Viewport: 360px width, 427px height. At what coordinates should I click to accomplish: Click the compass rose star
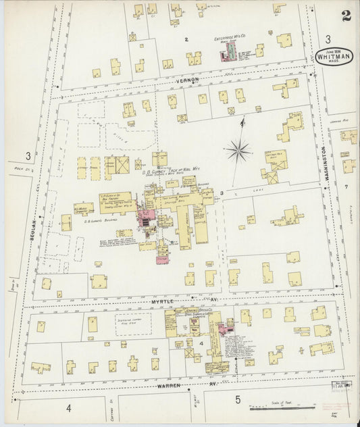point(238,150)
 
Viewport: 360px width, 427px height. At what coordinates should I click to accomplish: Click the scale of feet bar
point(277,408)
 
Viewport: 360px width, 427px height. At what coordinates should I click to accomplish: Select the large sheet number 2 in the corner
point(345,16)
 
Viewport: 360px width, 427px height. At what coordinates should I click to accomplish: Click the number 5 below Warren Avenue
point(237,399)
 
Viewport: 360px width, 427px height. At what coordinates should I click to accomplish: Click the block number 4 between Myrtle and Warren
point(202,344)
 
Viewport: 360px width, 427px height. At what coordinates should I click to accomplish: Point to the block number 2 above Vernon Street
point(186,40)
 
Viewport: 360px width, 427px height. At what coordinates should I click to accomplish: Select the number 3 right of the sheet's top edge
point(328,39)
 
